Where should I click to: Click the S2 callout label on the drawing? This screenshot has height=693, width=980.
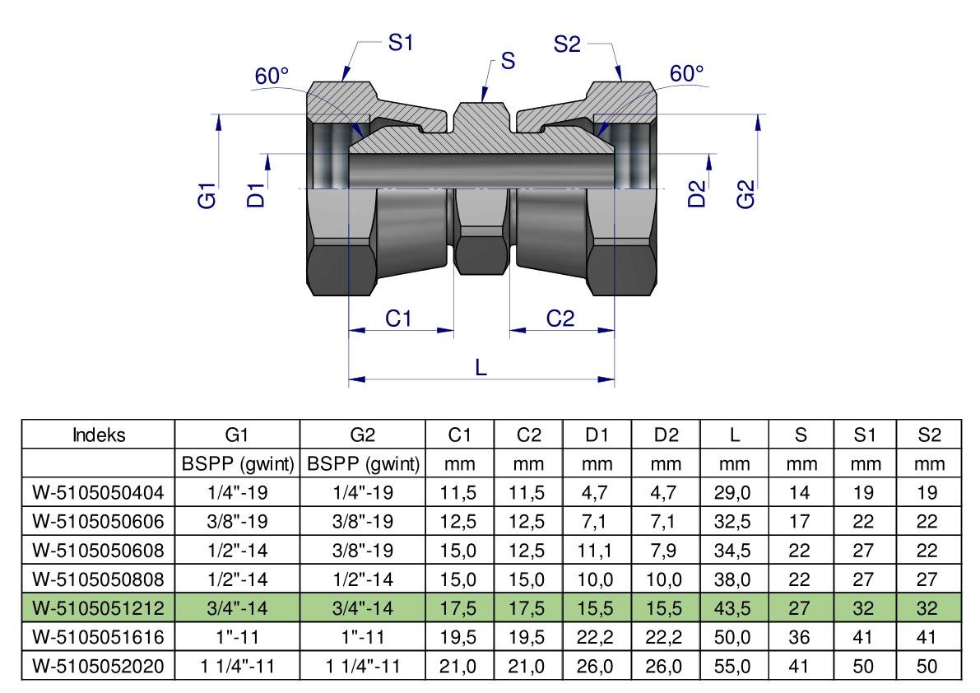[568, 44]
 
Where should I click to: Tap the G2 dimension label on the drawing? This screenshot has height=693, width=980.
[745, 196]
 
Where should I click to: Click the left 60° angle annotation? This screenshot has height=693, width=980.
[272, 77]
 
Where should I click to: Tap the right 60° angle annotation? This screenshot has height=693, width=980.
[687, 74]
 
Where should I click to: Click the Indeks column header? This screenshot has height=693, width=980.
[98, 435]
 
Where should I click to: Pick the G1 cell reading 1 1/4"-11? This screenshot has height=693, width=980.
[238, 667]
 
